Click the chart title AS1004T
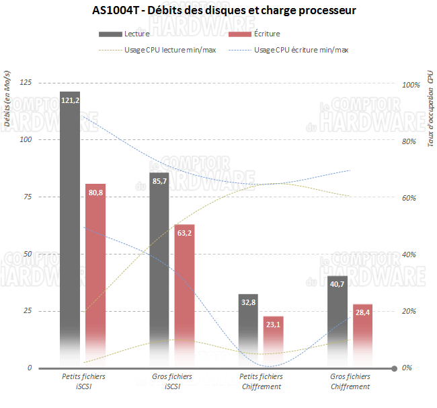219,11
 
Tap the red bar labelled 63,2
184,283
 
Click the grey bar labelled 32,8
248,323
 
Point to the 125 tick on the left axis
26,82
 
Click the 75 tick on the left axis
26,197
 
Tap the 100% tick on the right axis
410,85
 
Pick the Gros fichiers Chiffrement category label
350,382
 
